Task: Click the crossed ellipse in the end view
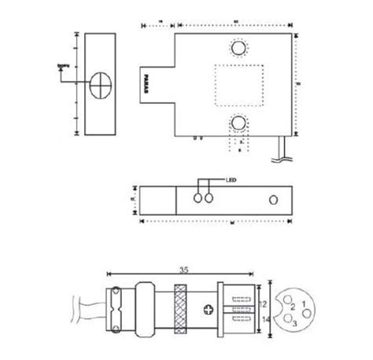[x=101, y=85]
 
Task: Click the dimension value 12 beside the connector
[x=264, y=302]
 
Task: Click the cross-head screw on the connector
[x=209, y=308]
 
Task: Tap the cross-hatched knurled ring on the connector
[x=179, y=308]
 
